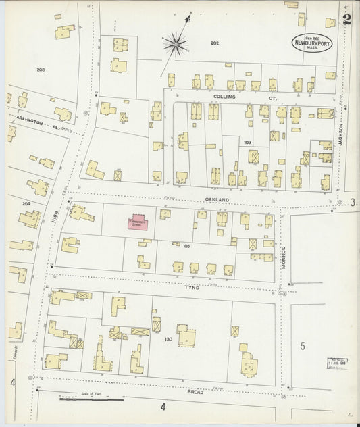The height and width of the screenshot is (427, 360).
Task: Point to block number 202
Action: [x=215, y=43]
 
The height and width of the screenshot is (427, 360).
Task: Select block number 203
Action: [x=41, y=70]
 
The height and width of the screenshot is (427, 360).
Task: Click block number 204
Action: [x=26, y=203]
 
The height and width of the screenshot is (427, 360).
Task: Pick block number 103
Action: [x=247, y=143]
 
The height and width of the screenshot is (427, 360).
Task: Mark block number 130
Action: [x=168, y=338]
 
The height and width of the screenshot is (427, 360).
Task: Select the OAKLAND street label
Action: [x=218, y=201]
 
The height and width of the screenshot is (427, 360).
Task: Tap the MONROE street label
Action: [x=284, y=257]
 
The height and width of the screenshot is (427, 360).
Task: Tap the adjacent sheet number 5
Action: [x=303, y=347]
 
